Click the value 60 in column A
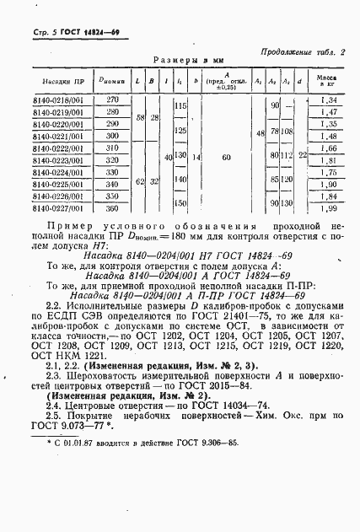tap(227, 157)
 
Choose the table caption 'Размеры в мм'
tap(191, 60)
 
